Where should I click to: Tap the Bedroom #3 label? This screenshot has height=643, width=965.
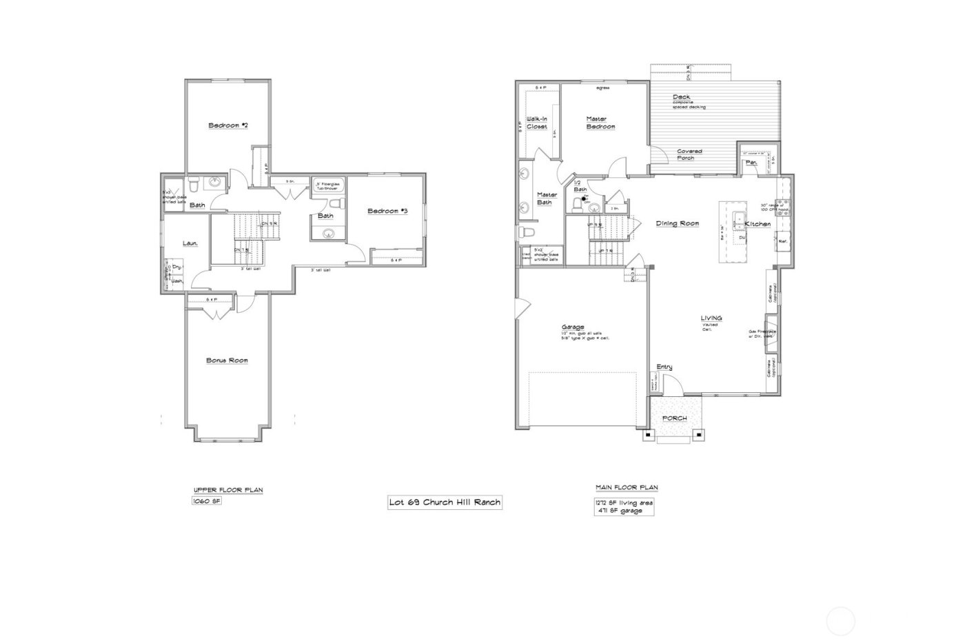387,211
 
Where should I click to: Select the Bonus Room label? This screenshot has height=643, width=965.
227,360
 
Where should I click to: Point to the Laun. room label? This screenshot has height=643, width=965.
190,243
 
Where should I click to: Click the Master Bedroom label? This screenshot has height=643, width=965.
600,122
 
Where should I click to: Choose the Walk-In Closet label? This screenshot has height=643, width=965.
537,123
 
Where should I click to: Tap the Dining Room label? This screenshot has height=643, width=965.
677,223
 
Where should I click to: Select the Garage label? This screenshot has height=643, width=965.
572,327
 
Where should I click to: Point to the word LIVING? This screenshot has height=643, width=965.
711,318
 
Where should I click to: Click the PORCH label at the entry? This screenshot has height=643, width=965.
674,418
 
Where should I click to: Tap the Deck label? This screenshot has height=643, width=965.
681,97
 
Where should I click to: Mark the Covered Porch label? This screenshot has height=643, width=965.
689,154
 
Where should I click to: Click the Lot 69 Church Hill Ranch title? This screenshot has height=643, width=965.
445,502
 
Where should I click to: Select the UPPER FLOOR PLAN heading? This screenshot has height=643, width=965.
228,490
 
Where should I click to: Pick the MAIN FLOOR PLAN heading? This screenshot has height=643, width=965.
626,488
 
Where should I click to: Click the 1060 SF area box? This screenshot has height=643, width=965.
207,502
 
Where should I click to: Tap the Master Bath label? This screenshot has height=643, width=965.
547,198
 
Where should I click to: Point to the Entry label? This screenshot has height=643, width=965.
664,367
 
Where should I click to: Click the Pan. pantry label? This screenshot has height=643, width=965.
751,163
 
